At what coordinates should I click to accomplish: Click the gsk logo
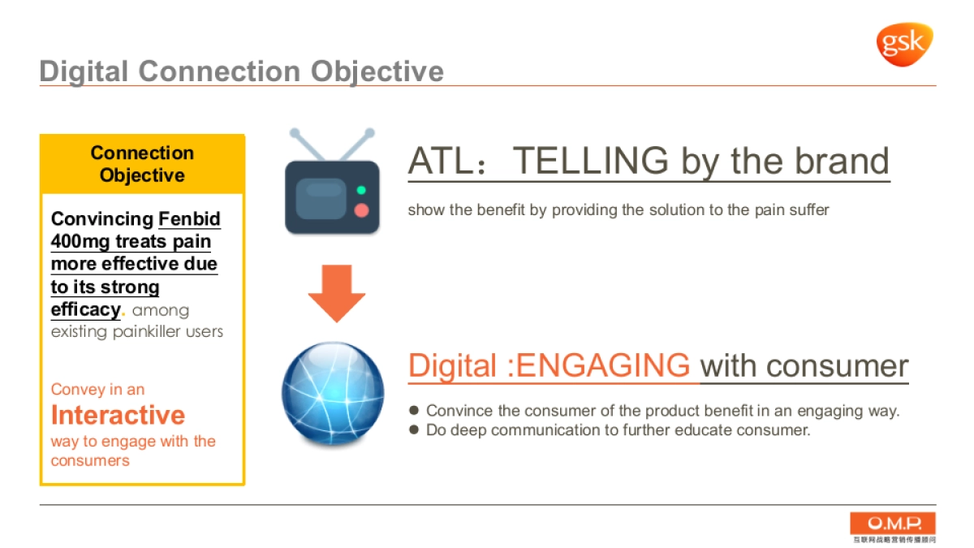point(905,45)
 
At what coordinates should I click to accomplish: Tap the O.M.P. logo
point(893,527)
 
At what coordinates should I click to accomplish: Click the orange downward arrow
point(337,294)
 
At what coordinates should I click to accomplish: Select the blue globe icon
point(333,393)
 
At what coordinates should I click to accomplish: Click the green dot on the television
point(361,190)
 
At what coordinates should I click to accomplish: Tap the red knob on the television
point(361,210)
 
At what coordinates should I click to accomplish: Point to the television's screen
point(321,198)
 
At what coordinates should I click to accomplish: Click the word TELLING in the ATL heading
point(591,161)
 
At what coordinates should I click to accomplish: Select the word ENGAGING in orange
point(602,365)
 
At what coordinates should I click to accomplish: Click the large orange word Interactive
point(118,415)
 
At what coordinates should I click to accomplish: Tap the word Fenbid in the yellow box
point(189,218)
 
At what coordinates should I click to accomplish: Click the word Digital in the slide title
point(84,71)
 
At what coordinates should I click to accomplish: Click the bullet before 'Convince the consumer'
point(414,410)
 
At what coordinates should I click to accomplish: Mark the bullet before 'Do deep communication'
point(414,429)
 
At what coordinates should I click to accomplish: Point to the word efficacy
point(86,309)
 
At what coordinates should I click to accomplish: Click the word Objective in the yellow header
point(142,175)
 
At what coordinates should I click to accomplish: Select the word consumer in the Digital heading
point(837,366)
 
